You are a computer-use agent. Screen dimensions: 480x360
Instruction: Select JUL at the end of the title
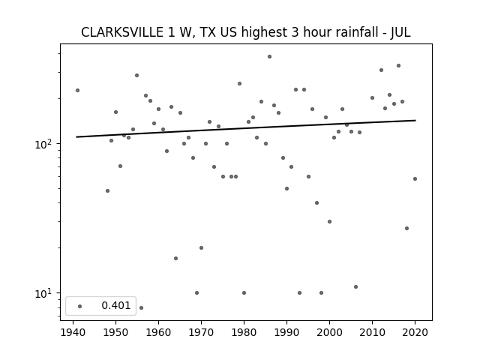[x=400, y=32]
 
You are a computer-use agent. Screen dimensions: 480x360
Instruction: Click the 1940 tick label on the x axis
[x=73, y=332]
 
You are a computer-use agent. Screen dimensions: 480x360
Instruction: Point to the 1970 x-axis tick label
[x=201, y=332]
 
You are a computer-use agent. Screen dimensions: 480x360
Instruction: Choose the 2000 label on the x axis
[x=329, y=332]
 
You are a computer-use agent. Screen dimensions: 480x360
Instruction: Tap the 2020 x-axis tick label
[x=415, y=332]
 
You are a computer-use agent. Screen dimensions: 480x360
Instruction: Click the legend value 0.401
[x=116, y=305]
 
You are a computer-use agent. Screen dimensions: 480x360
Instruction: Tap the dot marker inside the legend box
[x=80, y=306]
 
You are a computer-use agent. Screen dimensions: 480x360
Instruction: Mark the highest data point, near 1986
[x=269, y=57]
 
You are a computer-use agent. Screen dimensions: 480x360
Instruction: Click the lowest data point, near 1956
[x=141, y=307]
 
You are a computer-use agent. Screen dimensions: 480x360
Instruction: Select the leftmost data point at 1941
[x=77, y=90]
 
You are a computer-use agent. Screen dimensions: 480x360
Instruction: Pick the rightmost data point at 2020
[x=415, y=178]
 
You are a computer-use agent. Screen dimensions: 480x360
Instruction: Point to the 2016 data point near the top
[x=398, y=65]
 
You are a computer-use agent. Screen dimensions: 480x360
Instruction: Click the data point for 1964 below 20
[x=175, y=258]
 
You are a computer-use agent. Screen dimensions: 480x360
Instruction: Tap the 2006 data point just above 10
[x=355, y=286]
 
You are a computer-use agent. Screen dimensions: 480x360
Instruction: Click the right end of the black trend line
[x=415, y=120]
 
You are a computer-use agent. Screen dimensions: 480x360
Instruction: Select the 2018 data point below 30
[x=406, y=228]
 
